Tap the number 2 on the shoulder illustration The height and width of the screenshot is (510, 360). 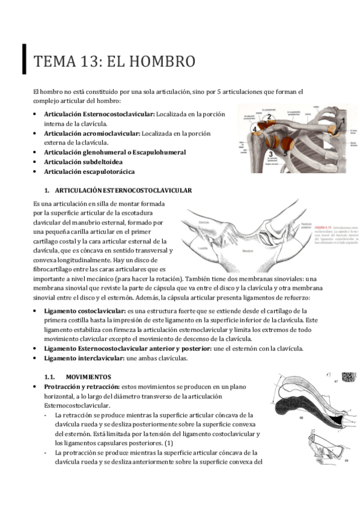click(x=269, y=117)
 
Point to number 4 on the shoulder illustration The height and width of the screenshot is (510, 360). click(x=255, y=129)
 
